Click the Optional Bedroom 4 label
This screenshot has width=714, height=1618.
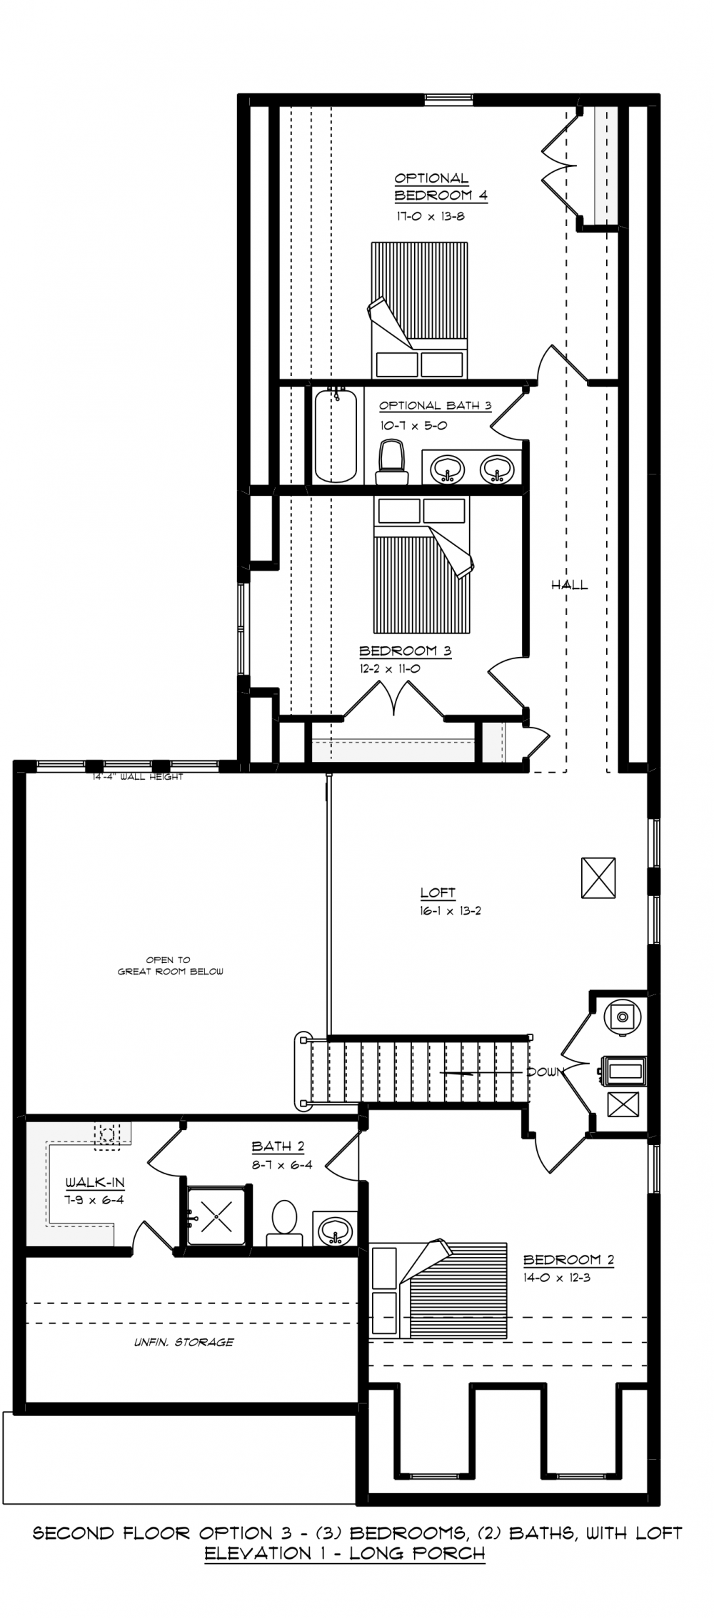click(441, 187)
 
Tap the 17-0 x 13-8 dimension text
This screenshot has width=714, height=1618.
click(431, 216)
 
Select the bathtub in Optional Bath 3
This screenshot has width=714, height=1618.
click(336, 436)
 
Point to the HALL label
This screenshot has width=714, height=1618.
click(570, 585)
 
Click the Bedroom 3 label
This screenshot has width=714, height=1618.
click(405, 651)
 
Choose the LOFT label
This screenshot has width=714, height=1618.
click(438, 892)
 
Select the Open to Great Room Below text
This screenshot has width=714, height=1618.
click(171, 965)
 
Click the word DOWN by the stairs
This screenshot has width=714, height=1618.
click(545, 1072)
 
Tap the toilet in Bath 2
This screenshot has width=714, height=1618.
click(284, 1223)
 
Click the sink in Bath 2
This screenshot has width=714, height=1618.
click(335, 1228)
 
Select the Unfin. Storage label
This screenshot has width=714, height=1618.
click(184, 1342)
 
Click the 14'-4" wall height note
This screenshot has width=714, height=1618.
click(138, 777)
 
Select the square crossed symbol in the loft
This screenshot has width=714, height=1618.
click(598, 877)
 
